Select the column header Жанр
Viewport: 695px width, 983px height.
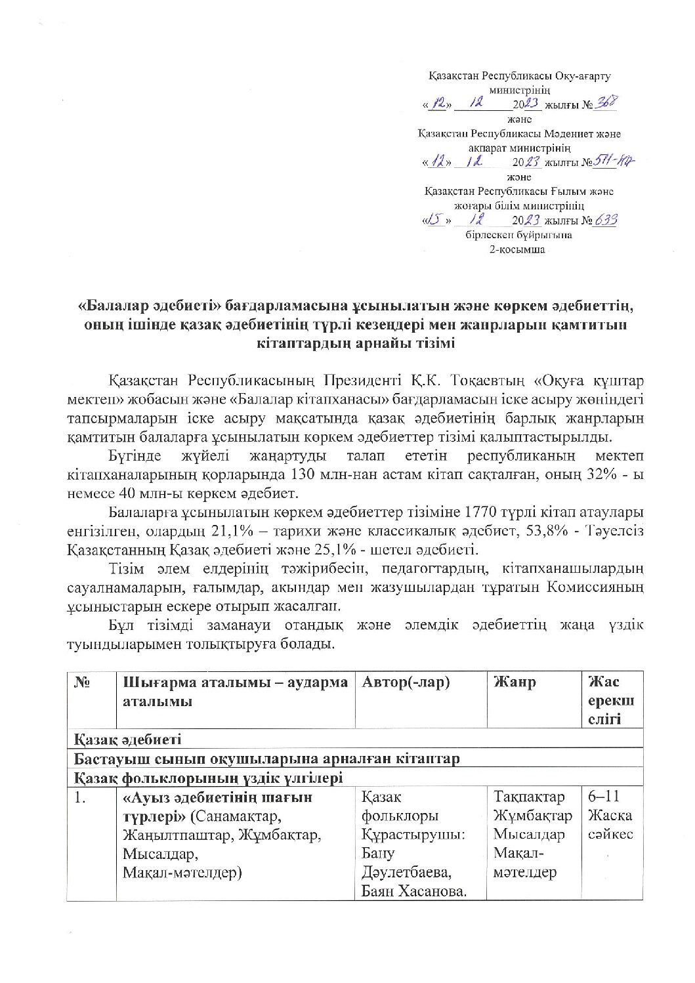tap(515, 682)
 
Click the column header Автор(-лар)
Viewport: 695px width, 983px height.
tap(406, 682)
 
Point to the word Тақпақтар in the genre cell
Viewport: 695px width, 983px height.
tap(528, 797)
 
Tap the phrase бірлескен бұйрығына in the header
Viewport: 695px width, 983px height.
tap(519, 235)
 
